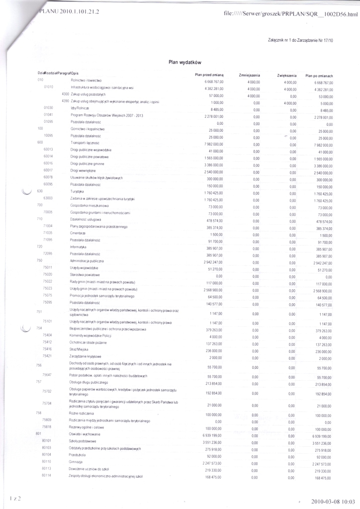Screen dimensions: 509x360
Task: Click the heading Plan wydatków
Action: pyautogui.click(x=184, y=62)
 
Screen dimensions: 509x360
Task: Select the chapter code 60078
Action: pyautogui.click(x=48, y=177)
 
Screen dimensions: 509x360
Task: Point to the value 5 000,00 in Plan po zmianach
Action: pyautogui.click(x=324, y=103)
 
